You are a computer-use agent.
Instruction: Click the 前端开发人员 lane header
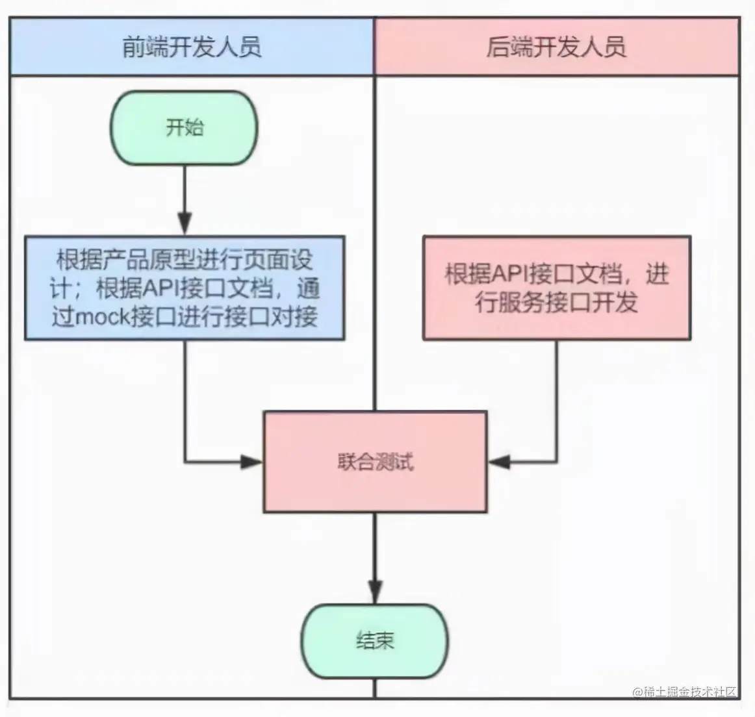(x=192, y=47)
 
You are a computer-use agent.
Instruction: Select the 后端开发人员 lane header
(x=556, y=47)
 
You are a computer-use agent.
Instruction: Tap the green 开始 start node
(x=185, y=127)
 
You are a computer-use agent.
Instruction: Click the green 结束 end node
(x=375, y=641)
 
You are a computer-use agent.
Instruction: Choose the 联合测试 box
(x=375, y=462)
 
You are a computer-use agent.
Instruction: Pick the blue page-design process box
(x=185, y=288)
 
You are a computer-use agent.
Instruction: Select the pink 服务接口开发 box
(x=556, y=288)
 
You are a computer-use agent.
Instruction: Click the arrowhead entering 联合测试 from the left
(x=252, y=462)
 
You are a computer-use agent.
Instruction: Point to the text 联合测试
(x=375, y=462)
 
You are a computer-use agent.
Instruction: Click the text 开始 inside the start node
(x=185, y=127)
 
